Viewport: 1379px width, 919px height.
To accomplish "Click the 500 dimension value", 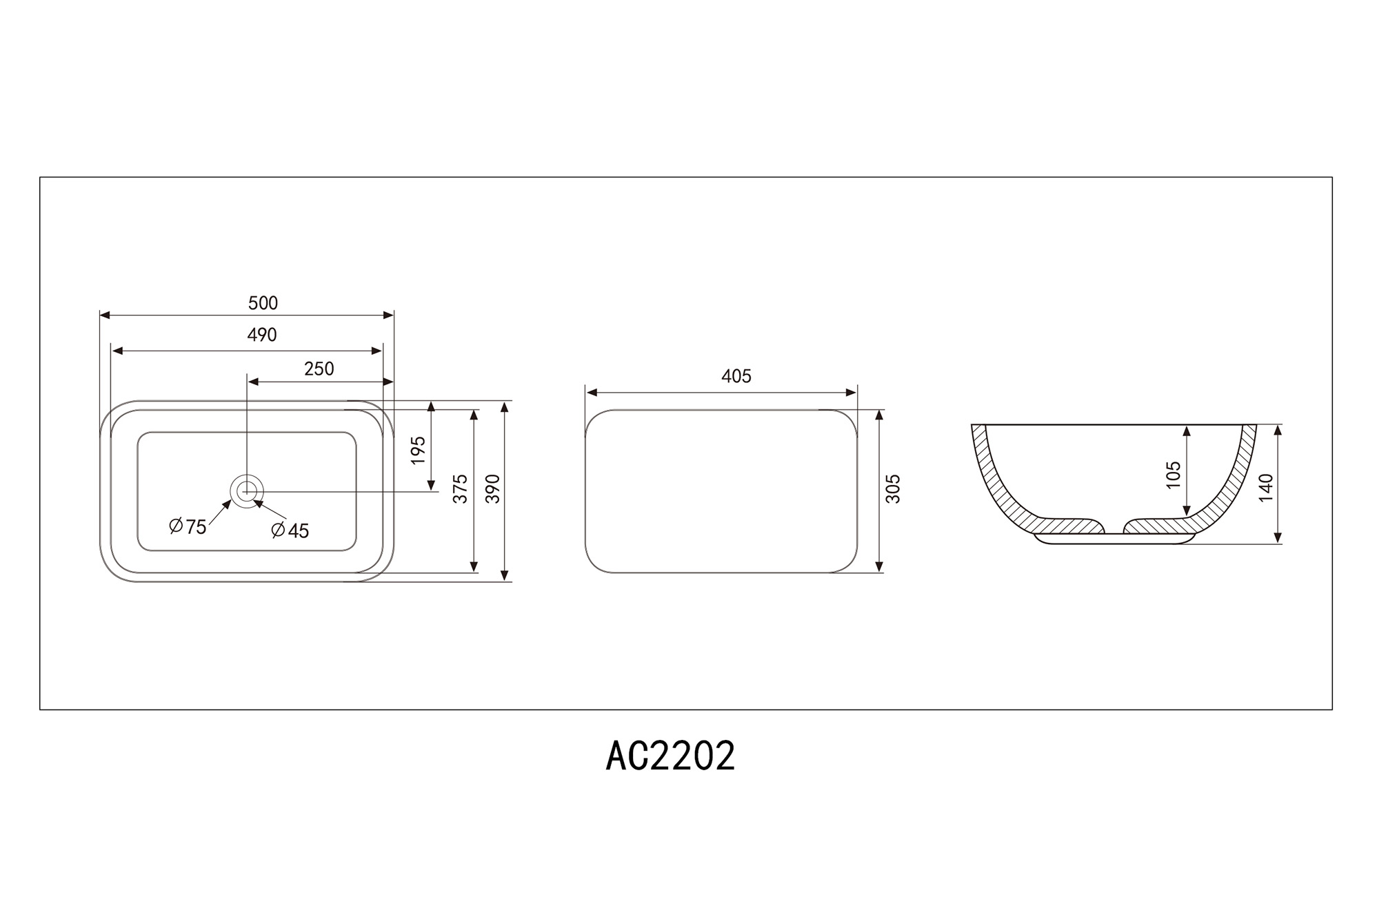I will (263, 303).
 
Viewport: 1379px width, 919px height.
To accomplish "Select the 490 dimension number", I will (262, 335).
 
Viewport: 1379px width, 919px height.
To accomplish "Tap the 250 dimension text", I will (319, 369).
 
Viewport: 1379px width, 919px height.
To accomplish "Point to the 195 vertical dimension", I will (418, 451).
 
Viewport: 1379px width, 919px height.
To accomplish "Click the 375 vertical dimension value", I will (460, 488).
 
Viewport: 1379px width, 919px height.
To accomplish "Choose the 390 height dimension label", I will (492, 488).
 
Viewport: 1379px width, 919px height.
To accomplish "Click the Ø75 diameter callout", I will (188, 527).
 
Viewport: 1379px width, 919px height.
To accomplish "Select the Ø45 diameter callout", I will (290, 530).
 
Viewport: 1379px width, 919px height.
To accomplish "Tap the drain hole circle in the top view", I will (247, 491).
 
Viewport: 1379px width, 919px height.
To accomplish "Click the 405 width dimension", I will (736, 376).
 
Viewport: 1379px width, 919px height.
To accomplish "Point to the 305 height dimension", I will (893, 488).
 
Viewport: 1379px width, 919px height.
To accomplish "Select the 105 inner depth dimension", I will (1174, 475).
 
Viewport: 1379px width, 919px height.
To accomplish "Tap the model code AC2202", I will (670, 756).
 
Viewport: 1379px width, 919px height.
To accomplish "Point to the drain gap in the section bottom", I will (1114, 529).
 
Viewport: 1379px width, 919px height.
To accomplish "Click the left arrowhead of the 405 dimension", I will (591, 393).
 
